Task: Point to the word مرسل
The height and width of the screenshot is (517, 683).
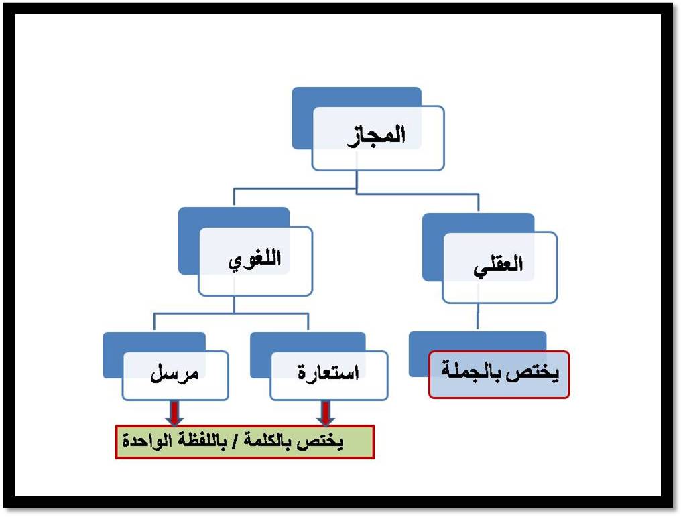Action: click(x=174, y=374)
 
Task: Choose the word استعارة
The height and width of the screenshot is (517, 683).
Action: click(x=328, y=374)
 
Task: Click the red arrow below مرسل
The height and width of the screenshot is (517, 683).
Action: click(x=174, y=413)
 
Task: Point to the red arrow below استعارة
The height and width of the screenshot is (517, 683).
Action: click(x=326, y=413)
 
